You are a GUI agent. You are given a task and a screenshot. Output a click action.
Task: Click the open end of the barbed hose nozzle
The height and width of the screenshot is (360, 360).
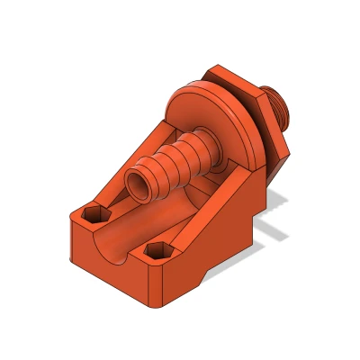141,186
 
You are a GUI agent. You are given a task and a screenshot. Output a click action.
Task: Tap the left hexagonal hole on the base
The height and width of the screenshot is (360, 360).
94,216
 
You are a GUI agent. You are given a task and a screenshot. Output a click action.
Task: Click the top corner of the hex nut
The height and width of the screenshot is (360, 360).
216,67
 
